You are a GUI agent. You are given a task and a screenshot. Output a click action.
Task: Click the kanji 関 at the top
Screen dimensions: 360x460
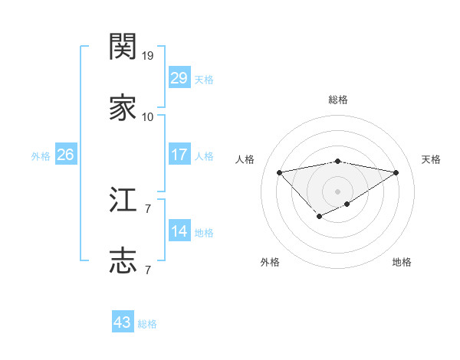pyautogui.click(x=123, y=48)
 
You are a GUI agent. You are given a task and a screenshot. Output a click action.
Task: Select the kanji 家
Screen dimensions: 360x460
pyautogui.click(x=123, y=108)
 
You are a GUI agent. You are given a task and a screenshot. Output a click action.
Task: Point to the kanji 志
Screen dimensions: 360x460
pyautogui.click(x=123, y=260)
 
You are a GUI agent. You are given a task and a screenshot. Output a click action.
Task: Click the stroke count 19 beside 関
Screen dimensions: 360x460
pyautogui.click(x=148, y=57)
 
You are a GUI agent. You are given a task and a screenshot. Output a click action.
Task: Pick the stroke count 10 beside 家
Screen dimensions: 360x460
pyautogui.click(x=148, y=117)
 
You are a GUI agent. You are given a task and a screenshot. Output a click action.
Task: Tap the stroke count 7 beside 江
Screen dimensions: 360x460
pyautogui.click(x=147, y=208)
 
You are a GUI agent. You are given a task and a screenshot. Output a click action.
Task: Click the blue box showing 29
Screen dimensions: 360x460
pyautogui.click(x=179, y=78)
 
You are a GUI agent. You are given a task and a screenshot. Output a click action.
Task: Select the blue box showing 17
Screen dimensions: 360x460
pyautogui.click(x=179, y=155)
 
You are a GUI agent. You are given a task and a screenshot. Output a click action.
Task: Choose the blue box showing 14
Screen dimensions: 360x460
pyautogui.click(x=179, y=231)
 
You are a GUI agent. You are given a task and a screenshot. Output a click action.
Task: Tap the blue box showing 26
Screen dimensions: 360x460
pyautogui.click(x=65, y=155)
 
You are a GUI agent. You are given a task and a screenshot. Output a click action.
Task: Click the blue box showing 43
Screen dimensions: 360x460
pyautogui.click(x=123, y=322)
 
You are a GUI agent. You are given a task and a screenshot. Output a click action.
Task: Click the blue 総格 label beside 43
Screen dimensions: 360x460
pyautogui.click(x=147, y=324)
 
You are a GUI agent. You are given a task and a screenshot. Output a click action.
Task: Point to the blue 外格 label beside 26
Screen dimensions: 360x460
pyautogui.click(x=41, y=156)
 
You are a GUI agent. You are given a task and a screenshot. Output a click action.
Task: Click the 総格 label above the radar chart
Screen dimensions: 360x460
pyautogui.click(x=338, y=100)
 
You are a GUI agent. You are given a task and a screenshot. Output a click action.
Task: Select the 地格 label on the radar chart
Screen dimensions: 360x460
pyautogui.click(x=402, y=262)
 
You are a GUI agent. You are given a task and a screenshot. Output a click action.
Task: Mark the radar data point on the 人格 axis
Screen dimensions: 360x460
pyautogui.click(x=279, y=172)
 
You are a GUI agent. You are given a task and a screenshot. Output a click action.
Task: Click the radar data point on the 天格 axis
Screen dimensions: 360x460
pyautogui.click(x=396, y=172)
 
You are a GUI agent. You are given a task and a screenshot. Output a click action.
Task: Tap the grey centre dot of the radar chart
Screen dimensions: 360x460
pyautogui.click(x=338, y=191)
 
